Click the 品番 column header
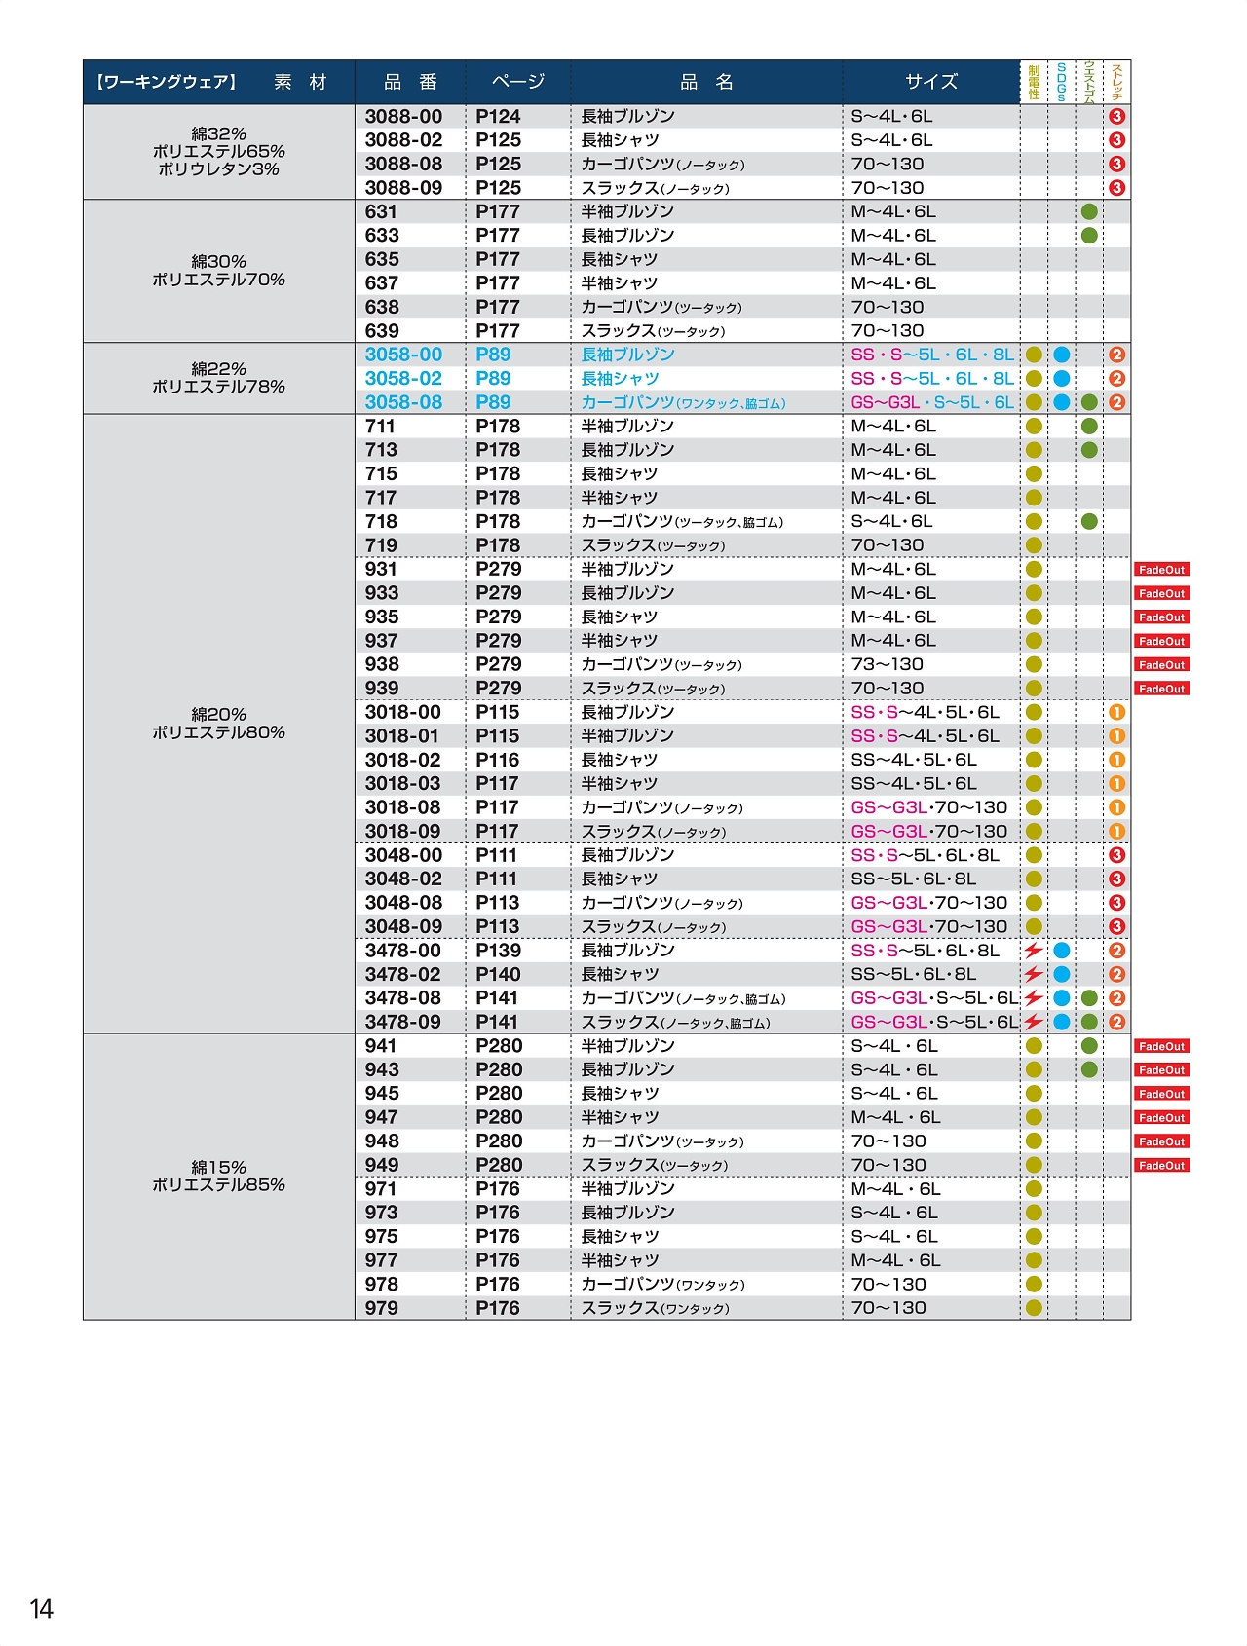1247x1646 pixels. pos(410,82)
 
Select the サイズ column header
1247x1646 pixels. pos(930,82)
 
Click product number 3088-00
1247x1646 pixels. pos(403,116)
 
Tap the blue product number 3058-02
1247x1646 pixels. pos(403,378)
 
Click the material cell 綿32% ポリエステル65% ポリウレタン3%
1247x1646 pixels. pos(218,152)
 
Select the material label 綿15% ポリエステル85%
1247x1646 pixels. pos(218,1176)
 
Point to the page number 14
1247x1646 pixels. pos(41,1608)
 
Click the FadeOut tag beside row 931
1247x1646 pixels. pos(1161,570)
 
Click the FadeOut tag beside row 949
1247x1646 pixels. pos(1161,1165)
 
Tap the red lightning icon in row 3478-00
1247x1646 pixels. pos(1033,950)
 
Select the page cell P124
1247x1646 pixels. pos(498,116)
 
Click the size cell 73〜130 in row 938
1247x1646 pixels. pos(887,664)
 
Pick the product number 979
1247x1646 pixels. pos(382,1308)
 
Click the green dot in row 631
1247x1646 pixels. pos(1089,211)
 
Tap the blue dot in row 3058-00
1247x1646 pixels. pos(1062,355)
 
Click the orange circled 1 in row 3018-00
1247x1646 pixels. pos(1116,712)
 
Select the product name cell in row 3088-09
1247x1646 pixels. pos(655,188)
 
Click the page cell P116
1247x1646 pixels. pos(497,760)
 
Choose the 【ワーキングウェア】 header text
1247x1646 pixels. pos(167,82)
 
